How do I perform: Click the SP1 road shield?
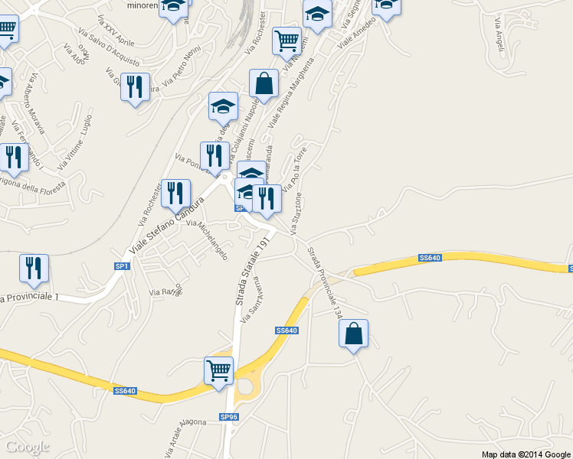122,265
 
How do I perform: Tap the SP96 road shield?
229,417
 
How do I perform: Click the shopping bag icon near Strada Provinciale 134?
353,334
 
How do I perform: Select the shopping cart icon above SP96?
218,371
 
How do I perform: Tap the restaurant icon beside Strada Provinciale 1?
34,268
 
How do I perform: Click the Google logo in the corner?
28,446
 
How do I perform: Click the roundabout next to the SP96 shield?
244,386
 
